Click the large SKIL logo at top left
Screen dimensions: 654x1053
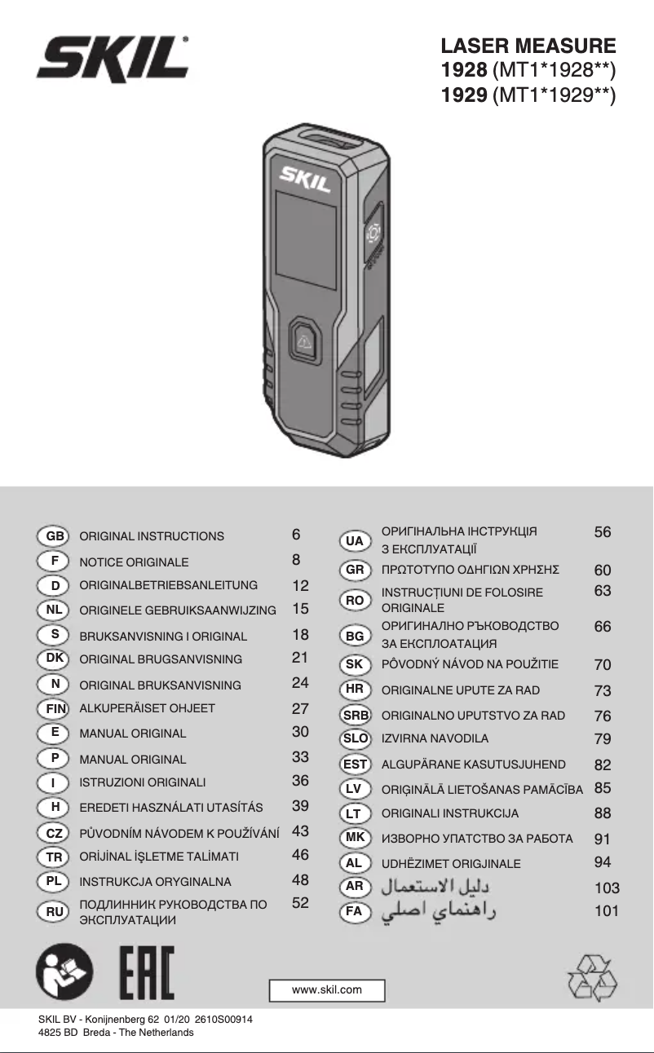113,59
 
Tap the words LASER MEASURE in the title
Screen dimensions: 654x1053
528,46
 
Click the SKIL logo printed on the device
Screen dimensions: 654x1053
304,178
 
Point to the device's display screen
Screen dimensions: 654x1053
306,240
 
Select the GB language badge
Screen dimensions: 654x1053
53,536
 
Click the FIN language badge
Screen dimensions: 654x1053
53,708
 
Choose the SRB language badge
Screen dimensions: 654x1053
356,715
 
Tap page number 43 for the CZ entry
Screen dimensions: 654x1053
300,831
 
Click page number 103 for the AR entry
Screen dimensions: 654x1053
607,888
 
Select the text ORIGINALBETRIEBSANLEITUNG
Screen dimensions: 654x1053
169,585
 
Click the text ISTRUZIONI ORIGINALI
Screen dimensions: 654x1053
143,782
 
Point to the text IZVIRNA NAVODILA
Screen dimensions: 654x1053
435,738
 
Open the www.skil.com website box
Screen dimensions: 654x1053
327,989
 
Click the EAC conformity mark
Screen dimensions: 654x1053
147,972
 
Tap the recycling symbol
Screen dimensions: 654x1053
592,978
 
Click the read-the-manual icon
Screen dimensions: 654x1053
64,971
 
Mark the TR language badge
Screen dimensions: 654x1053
53,857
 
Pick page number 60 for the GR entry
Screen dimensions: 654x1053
603,571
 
